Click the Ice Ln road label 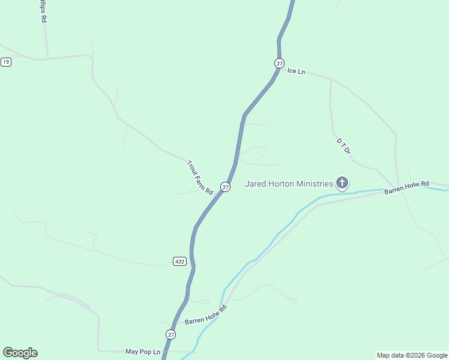[x=297, y=71]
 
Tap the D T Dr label [x=343, y=146]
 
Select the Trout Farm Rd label [x=200, y=178]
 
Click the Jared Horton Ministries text [x=289, y=184]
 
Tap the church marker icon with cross [x=342, y=182]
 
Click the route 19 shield [x=6, y=62]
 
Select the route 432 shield [x=179, y=261]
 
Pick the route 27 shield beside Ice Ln [x=279, y=63]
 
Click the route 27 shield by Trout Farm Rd [x=225, y=187]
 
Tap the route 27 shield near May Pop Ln [x=171, y=334]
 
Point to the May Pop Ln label [x=143, y=352]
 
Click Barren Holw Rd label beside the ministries [x=407, y=187]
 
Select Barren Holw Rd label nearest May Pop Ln [x=205, y=315]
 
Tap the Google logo [x=20, y=353]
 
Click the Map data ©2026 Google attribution [x=412, y=355]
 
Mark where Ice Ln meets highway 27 [x=279, y=70]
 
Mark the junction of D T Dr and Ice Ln [x=331, y=79]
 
